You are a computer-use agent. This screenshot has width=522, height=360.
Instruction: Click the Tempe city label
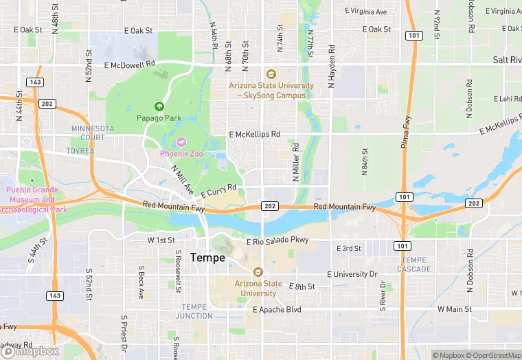[x=207, y=258]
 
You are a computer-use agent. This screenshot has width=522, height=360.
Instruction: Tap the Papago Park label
[x=159, y=118]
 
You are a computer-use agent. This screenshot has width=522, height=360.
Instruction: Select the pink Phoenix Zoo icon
[x=181, y=142]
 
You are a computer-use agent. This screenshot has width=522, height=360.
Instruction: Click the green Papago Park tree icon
[x=159, y=106]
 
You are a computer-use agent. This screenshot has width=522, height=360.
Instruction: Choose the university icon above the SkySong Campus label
[x=271, y=74]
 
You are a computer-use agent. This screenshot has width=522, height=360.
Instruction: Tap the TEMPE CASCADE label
[x=416, y=265]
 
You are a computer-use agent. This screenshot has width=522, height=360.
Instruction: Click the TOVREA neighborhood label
[x=80, y=150]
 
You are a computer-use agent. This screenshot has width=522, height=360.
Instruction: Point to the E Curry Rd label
[x=219, y=188]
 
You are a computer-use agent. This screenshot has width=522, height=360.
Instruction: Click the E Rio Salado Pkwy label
[x=277, y=240]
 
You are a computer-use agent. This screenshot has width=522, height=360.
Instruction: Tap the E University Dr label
[x=352, y=274]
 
